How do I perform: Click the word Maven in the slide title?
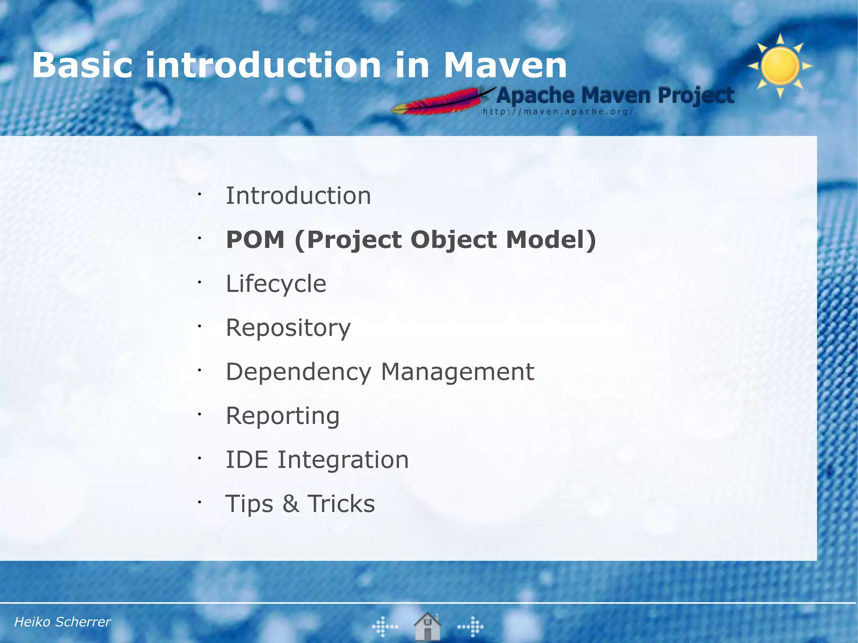point(504,66)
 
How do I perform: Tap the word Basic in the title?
point(82,66)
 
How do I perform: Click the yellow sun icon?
point(780,66)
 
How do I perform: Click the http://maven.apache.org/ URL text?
point(558,112)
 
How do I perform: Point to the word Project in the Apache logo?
point(695,96)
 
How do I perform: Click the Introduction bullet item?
point(298,196)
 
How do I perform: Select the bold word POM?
point(255,240)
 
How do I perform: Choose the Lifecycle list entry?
point(276,284)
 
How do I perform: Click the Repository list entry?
point(288,328)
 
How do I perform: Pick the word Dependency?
point(298,372)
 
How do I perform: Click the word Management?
point(457,372)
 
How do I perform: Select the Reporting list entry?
point(282,416)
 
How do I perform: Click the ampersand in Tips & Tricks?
point(291,504)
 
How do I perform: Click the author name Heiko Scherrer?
point(62,622)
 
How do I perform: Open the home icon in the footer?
point(427,626)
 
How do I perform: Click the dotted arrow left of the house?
point(385,627)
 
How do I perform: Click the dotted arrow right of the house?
point(471,627)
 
